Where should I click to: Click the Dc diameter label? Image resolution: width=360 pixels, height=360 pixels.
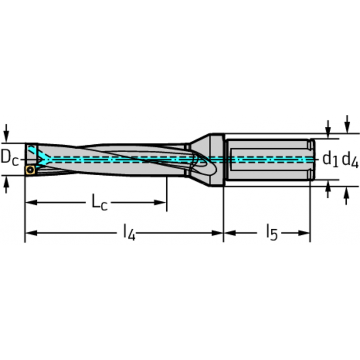coord(9,158)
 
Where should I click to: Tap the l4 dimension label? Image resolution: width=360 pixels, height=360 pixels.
coord(129,233)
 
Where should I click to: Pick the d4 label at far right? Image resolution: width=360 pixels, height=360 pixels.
coord(350,159)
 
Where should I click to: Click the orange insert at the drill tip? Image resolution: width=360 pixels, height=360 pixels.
coord(30,170)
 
